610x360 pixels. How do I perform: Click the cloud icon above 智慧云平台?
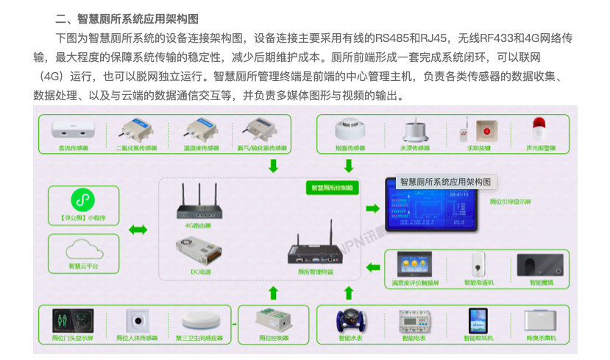coord(81,247)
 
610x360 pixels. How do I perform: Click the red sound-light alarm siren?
coord(541,130)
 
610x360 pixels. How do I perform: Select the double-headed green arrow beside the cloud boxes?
coord(138,230)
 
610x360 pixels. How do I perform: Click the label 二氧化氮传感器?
coord(135,148)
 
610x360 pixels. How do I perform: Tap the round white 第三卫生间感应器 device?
coord(199,321)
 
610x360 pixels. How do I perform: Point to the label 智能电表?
coord(413,339)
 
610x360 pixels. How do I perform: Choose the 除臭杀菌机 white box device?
coord(540,321)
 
